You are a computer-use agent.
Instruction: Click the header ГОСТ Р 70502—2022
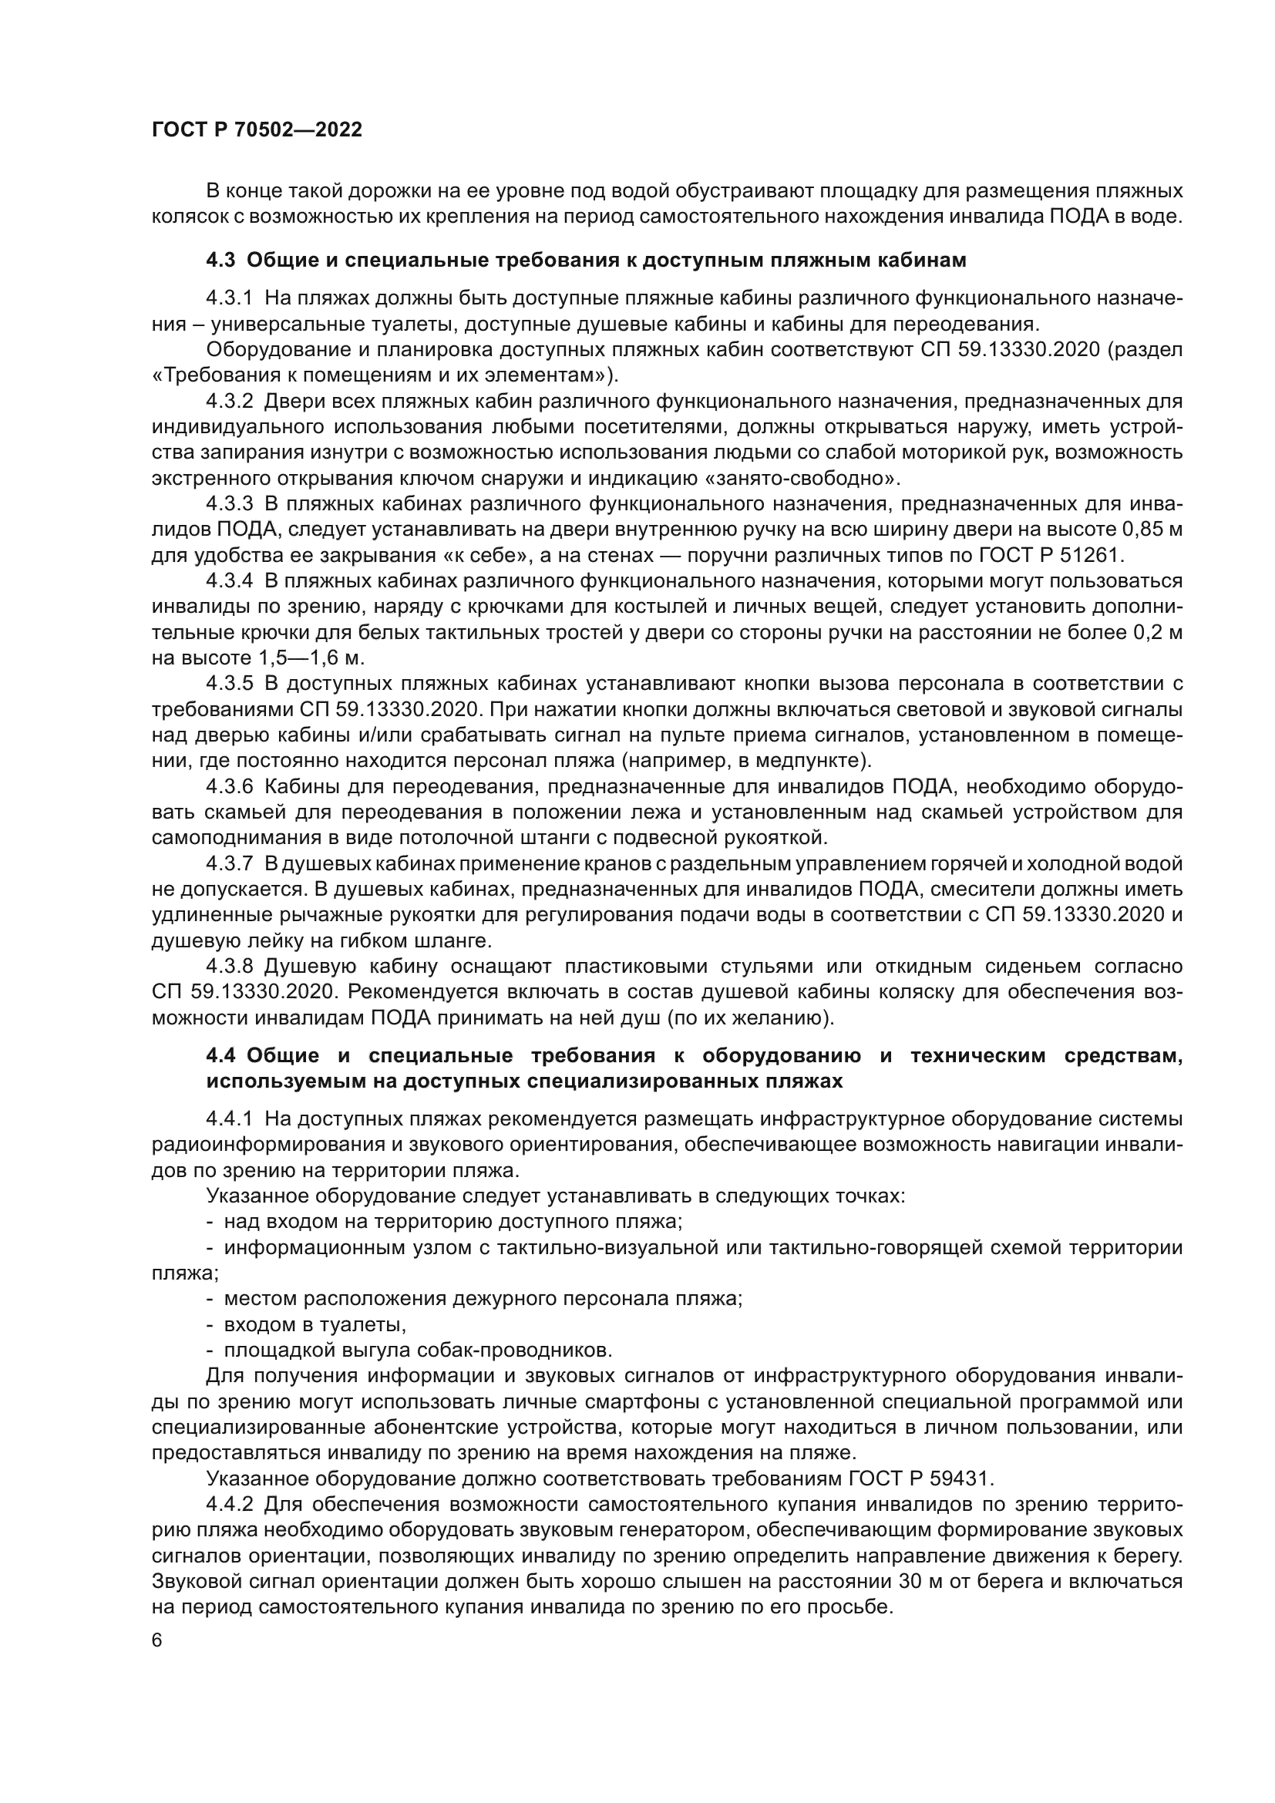coord(257,130)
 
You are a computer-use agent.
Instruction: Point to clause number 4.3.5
coord(229,684)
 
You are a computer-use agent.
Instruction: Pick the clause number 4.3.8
coord(229,967)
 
